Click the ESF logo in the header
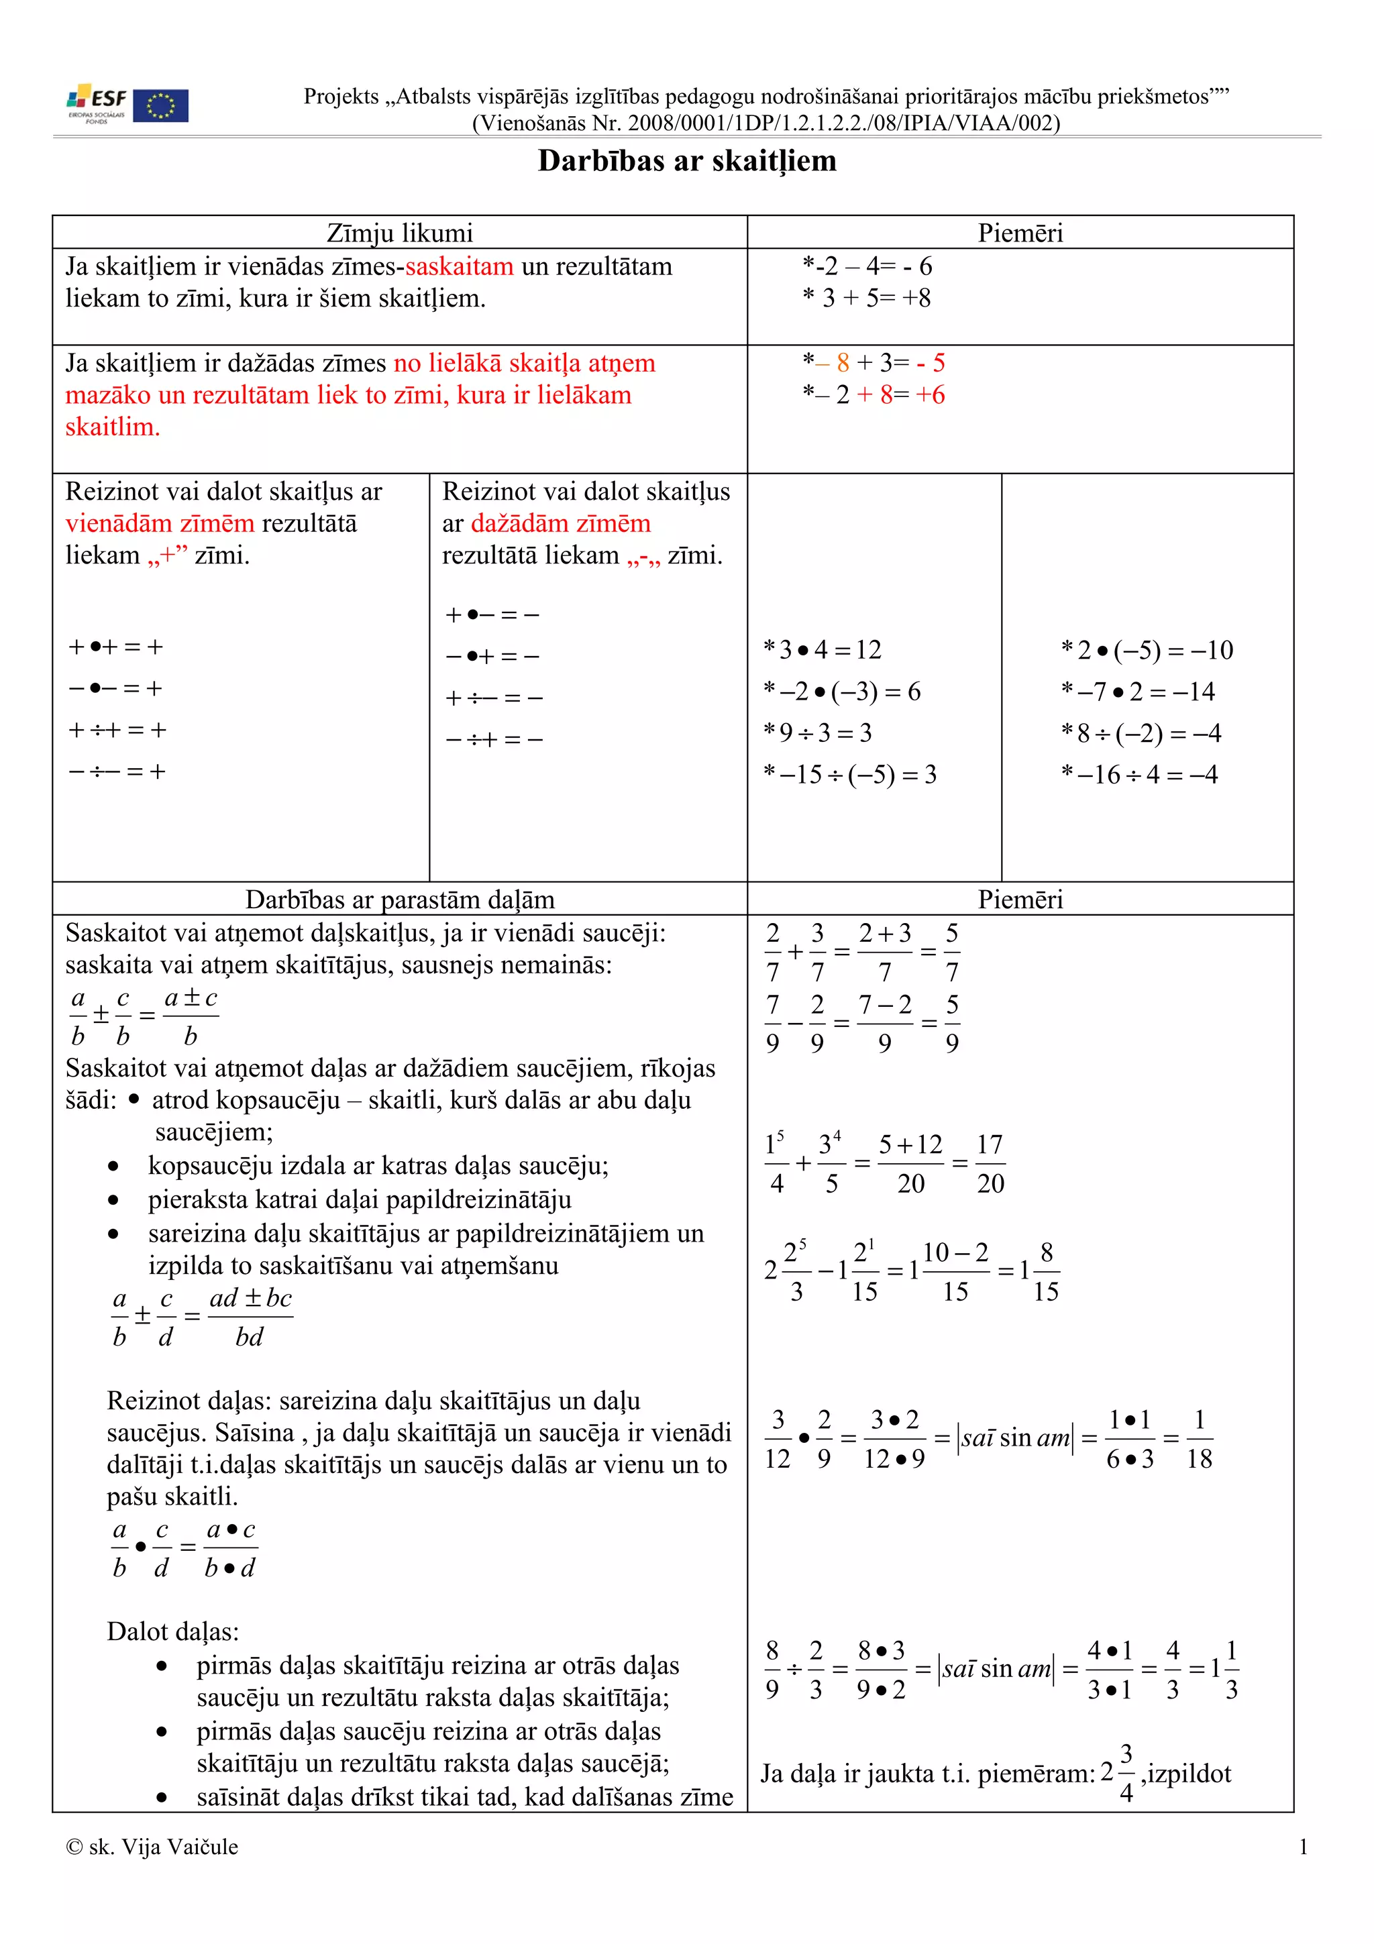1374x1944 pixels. tap(97, 104)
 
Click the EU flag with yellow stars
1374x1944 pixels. tap(161, 106)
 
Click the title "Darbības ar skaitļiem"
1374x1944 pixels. tap(686, 161)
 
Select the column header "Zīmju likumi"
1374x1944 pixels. tap(400, 233)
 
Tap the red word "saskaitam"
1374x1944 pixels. tap(459, 267)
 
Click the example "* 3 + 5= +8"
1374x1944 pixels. tap(866, 298)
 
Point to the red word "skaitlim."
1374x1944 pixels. tap(113, 427)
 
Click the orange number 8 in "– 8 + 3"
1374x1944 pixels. tap(843, 363)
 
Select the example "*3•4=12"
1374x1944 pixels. tap(822, 649)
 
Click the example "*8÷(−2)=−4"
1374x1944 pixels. tap(1141, 733)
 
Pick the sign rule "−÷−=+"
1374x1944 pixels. tap(117, 771)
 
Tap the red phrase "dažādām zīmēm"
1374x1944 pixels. tap(560, 523)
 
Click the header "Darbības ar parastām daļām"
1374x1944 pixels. tap(400, 899)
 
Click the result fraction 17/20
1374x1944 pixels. tap(990, 1163)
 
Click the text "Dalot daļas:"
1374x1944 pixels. tap(172, 1631)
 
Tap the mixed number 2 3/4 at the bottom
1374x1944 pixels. tap(1118, 1773)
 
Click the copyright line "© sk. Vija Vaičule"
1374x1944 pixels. tap(152, 1847)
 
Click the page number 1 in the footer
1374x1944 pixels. tap(1303, 1847)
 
